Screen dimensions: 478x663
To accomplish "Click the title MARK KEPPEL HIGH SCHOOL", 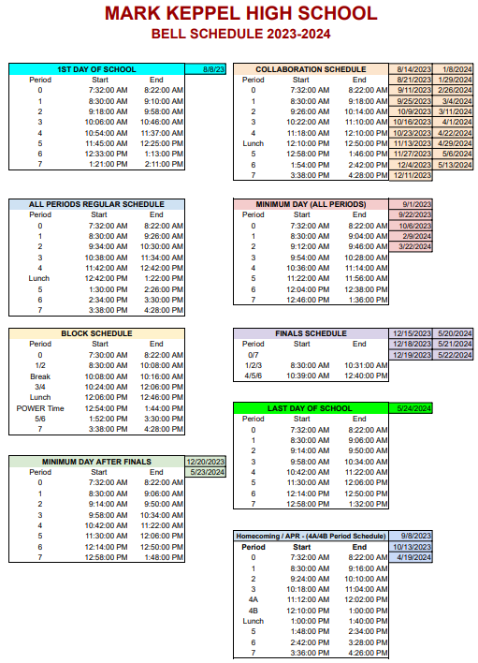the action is click(240, 14).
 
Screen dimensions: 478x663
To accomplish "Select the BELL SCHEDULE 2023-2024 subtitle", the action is click(240, 35).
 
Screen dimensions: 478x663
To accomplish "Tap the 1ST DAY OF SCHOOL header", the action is click(96, 69).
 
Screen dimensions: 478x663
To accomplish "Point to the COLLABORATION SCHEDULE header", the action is click(311, 69).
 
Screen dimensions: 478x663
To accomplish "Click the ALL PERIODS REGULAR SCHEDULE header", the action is click(96, 204).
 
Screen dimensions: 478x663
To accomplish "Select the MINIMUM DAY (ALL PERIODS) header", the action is click(311, 204).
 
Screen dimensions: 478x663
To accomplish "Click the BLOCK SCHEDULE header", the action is click(96, 333).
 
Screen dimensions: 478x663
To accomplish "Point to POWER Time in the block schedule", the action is click(40, 408).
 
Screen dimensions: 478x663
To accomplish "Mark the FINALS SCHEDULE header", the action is click(311, 333).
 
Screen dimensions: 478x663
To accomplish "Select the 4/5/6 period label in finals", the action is click(253, 376).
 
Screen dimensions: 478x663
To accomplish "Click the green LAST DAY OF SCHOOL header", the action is click(311, 408).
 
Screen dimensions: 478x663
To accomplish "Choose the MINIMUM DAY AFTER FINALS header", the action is click(96, 462).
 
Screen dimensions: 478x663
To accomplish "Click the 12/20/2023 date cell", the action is click(206, 462).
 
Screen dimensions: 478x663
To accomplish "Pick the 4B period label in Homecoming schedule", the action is click(253, 610).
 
